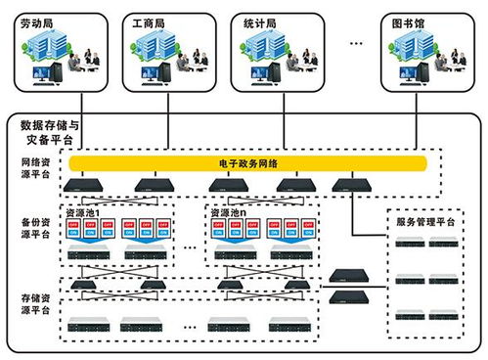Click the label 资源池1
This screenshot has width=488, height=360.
[x=82, y=210]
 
